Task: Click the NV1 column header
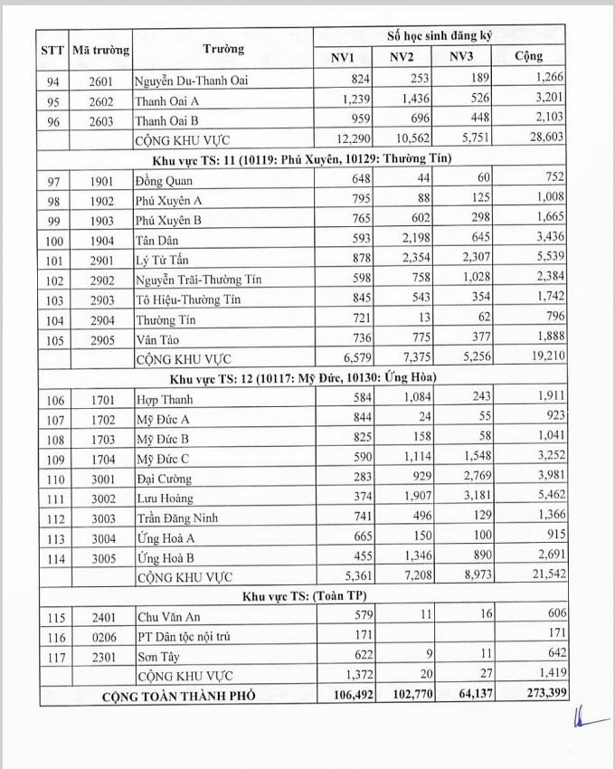pos(342,57)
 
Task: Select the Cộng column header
pos(529,57)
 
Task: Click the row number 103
pos(56,300)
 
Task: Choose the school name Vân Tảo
pos(159,339)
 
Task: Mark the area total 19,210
pos(545,359)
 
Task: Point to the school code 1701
pos(101,399)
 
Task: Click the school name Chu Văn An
pos(168,617)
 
